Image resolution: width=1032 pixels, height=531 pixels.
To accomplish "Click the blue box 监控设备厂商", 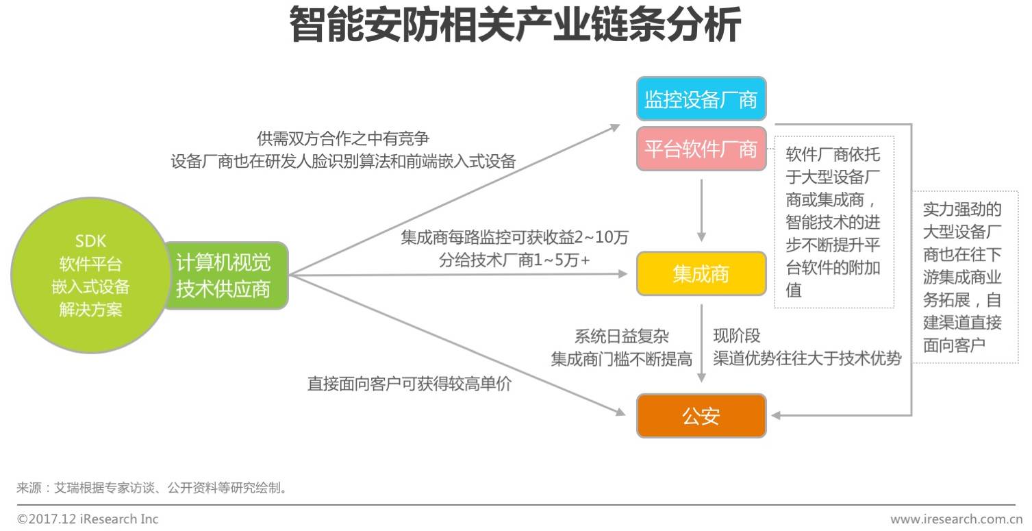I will [x=701, y=100].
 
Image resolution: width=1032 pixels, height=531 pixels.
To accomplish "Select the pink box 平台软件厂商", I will [x=701, y=149].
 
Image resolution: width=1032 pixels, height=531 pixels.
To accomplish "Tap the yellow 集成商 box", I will [x=701, y=274].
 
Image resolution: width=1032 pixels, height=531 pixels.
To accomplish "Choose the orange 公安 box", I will [x=701, y=416].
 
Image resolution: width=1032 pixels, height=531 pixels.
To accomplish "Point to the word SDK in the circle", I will [x=90, y=241].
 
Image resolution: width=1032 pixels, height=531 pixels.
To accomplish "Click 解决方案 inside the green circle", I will [x=90, y=310].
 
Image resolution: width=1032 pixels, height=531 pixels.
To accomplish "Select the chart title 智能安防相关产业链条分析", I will [x=515, y=25].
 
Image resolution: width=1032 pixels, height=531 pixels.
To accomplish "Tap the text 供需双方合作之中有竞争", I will [x=343, y=138].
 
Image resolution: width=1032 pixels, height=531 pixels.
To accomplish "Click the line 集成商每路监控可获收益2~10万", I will [x=514, y=238].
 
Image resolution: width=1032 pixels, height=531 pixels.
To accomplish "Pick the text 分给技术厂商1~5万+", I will [x=514, y=260].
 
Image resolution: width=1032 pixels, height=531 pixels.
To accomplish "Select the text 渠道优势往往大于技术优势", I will [x=807, y=358].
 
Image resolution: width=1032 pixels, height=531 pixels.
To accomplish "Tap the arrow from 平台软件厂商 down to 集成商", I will [x=701, y=209].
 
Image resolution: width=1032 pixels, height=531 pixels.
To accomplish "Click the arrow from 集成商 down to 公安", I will [x=701, y=343].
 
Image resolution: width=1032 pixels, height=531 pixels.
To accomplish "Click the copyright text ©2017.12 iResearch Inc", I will [x=88, y=519].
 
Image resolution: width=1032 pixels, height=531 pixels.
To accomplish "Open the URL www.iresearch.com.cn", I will [x=956, y=519].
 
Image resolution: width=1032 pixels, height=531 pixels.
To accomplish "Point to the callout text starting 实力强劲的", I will [x=962, y=277].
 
